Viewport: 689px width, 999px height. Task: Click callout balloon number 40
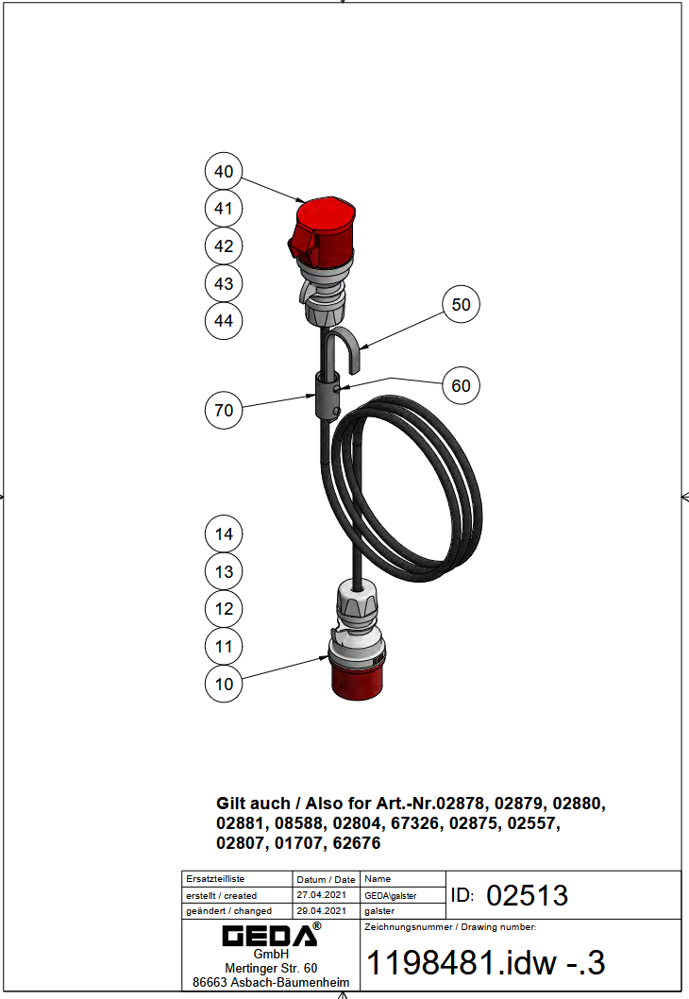224,172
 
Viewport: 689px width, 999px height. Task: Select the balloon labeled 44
224,320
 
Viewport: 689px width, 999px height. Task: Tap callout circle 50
461,304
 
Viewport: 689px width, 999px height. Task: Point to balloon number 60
461,385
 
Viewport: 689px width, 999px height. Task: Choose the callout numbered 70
224,410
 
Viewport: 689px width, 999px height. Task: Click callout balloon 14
224,533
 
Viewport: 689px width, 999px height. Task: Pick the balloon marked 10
224,684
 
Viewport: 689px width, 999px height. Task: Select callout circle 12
224,608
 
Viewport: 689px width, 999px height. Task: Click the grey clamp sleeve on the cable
328,396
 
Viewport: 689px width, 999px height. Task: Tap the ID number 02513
527,895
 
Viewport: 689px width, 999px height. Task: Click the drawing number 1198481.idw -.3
485,962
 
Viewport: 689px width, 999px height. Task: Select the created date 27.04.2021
322,895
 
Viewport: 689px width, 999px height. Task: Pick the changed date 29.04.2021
322,910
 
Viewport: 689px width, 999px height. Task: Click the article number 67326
414,823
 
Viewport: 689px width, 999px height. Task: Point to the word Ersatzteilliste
215,878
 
